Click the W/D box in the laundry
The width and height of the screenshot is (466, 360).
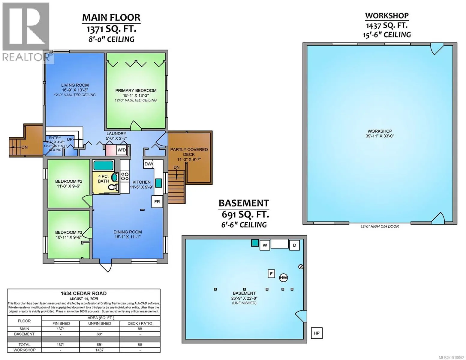[x=122, y=150]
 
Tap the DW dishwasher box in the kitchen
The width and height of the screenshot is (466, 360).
[x=148, y=164]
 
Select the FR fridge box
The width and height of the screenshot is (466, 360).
[x=157, y=202]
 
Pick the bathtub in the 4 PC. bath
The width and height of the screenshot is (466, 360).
[x=103, y=165]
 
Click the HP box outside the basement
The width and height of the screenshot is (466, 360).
[x=317, y=333]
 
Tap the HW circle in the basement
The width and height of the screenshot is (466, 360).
[x=283, y=278]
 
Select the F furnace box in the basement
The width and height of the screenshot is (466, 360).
[x=271, y=274]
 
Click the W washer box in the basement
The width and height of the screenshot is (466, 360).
[x=265, y=245]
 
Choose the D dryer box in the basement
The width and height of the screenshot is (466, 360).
[x=294, y=245]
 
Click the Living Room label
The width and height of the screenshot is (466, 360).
[x=75, y=85]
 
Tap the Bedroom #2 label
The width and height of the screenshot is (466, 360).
[x=68, y=181]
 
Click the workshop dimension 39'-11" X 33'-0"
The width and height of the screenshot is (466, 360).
[x=380, y=136]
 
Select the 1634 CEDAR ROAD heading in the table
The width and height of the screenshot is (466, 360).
[x=84, y=293]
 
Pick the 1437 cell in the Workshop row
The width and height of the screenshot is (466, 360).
[x=99, y=350]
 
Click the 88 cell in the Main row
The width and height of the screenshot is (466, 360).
[x=140, y=329]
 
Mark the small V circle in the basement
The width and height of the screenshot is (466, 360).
[x=301, y=266]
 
